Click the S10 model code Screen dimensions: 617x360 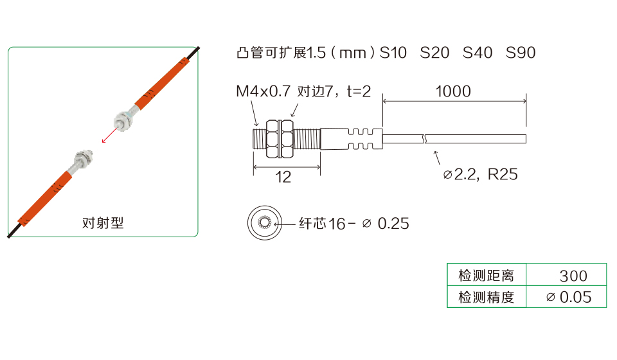pos(393,52)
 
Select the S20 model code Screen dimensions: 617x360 pos(434,52)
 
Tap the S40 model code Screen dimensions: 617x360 pos(478,52)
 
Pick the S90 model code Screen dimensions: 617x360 pos(521,52)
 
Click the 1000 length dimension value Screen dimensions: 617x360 pos(453,91)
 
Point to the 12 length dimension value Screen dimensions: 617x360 pos(283,177)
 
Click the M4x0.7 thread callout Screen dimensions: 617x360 pos(263,91)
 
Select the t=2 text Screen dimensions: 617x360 pos(359,91)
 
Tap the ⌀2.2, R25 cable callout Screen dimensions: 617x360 pos(480,174)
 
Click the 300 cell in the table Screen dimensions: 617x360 pos(573,276)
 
